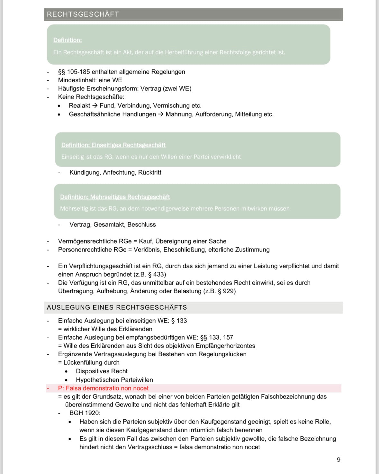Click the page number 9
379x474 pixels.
(338, 460)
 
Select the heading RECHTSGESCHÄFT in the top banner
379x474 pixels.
(83, 14)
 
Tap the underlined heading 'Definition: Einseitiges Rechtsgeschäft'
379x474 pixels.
(113, 145)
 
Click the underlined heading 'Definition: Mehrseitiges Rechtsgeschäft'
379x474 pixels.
(115, 197)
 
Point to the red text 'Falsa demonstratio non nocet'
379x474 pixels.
(107, 388)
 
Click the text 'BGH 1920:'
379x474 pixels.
(85, 413)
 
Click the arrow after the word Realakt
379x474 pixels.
(95, 105)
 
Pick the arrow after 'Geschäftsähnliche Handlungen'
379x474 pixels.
(161, 114)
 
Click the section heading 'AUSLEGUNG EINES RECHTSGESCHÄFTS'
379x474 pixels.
(117, 307)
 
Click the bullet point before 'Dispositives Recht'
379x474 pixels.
(66, 371)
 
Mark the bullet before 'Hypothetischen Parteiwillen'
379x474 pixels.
(66, 380)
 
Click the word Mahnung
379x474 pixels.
(179, 114)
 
